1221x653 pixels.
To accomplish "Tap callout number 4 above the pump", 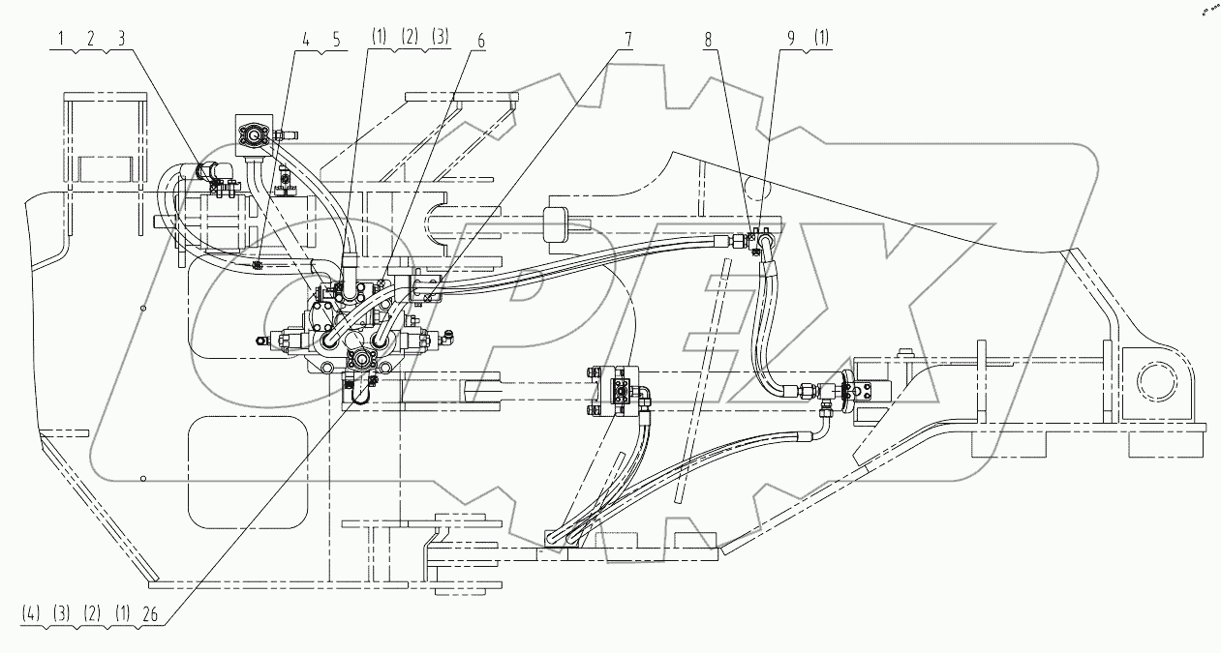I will [305, 42].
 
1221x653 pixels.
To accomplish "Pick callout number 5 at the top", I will [336, 42].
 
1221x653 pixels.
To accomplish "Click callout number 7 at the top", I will [629, 42].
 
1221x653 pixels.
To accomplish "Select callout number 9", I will [793, 42].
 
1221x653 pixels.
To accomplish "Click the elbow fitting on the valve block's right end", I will [449, 339].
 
